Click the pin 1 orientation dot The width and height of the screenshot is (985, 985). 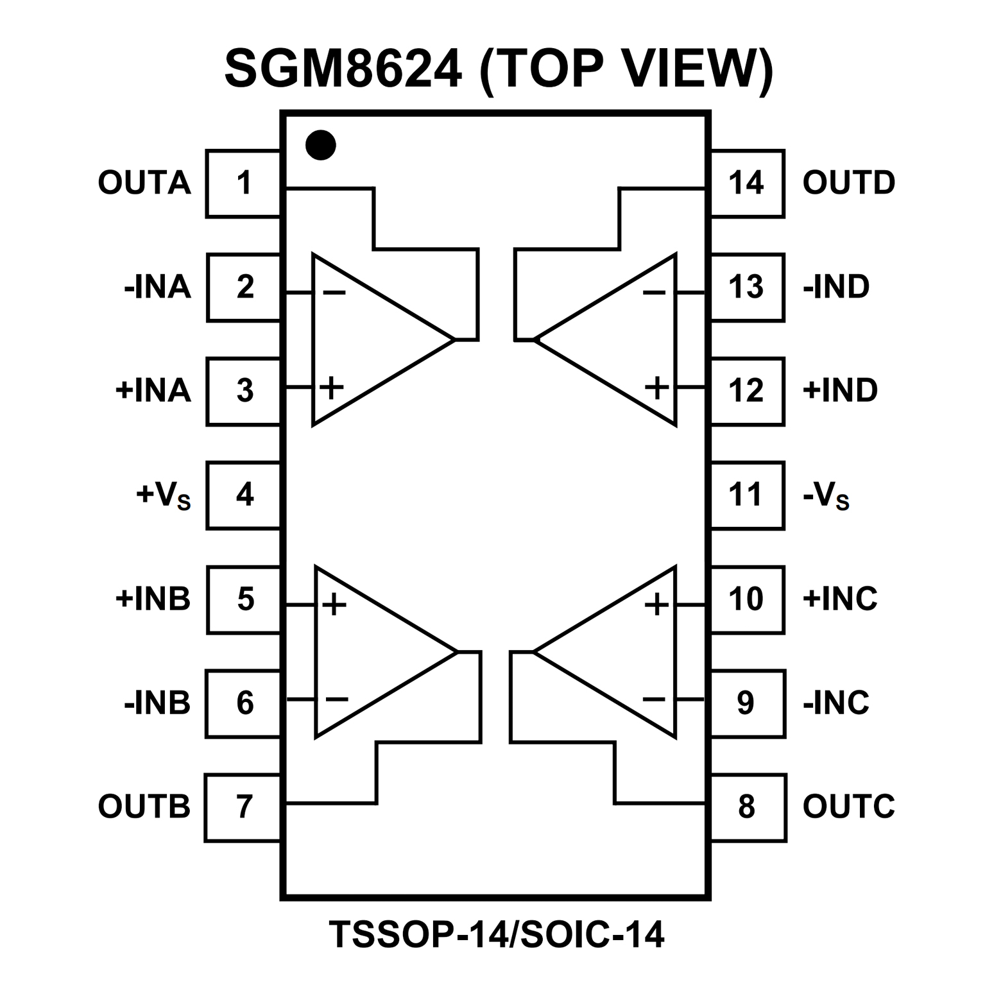[320, 145]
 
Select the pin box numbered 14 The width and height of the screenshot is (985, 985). [747, 184]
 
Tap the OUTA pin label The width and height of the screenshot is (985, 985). [144, 183]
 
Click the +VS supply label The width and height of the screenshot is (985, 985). [164, 495]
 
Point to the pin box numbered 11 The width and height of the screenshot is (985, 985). [747, 495]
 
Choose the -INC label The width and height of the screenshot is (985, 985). [836, 703]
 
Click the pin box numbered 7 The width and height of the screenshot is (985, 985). [244, 807]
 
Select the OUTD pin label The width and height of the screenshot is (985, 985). [849, 183]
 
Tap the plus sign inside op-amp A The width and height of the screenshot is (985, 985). [332, 388]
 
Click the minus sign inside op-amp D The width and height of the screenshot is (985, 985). [654, 293]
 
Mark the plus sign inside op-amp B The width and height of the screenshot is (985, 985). [334, 604]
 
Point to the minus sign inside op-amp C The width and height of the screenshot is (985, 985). [654, 699]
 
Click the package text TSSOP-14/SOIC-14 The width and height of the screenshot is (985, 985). [497, 934]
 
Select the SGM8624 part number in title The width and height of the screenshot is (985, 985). [343, 69]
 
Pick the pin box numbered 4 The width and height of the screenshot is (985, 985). [244, 495]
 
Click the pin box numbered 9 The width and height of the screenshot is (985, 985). [747, 703]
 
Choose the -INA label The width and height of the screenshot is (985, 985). [158, 287]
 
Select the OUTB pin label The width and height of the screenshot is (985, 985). [144, 807]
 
